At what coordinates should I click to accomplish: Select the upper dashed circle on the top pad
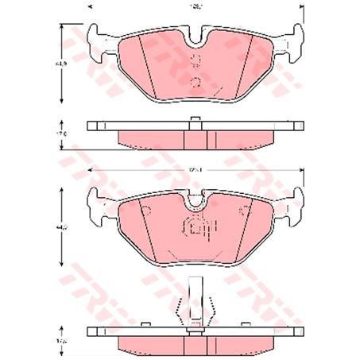[x=195, y=62]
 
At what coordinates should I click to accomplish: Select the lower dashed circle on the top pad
[x=195, y=81]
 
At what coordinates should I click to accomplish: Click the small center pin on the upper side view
[x=195, y=121]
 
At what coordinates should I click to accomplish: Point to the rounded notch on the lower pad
[x=195, y=202]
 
